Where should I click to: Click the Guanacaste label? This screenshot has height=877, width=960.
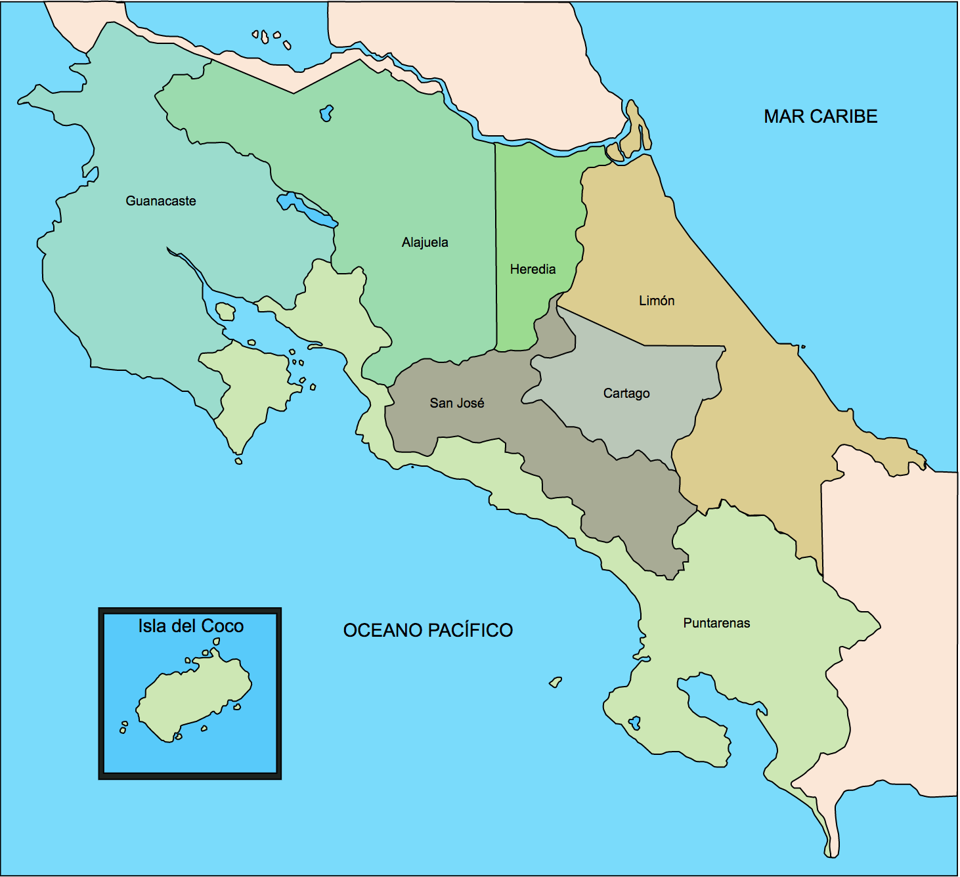pos(161,201)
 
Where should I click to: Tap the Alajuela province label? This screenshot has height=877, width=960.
pos(425,242)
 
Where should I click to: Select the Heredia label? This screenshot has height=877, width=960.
pos(533,269)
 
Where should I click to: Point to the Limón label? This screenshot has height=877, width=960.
pos(657,301)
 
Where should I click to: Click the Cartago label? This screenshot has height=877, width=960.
pos(626,393)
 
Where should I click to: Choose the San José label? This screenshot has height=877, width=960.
pos(457,403)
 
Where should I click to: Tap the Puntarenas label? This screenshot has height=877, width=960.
pos(716,623)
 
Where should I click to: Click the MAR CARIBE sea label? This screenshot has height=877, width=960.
pos(820,116)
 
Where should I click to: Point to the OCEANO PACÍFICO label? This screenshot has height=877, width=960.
pos(428,630)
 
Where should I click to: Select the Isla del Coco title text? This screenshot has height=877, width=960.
pos(190,626)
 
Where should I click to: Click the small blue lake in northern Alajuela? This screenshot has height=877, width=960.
pos(326,113)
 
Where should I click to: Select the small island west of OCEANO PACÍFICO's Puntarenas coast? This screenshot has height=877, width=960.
pos(556,682)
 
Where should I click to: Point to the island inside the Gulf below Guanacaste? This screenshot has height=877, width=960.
pos(225,311)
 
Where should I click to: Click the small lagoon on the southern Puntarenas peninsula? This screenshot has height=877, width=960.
pos(635,723)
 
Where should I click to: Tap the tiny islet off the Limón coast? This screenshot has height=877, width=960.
pos(802,347)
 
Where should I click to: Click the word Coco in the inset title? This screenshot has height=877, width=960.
pos(222,626)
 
